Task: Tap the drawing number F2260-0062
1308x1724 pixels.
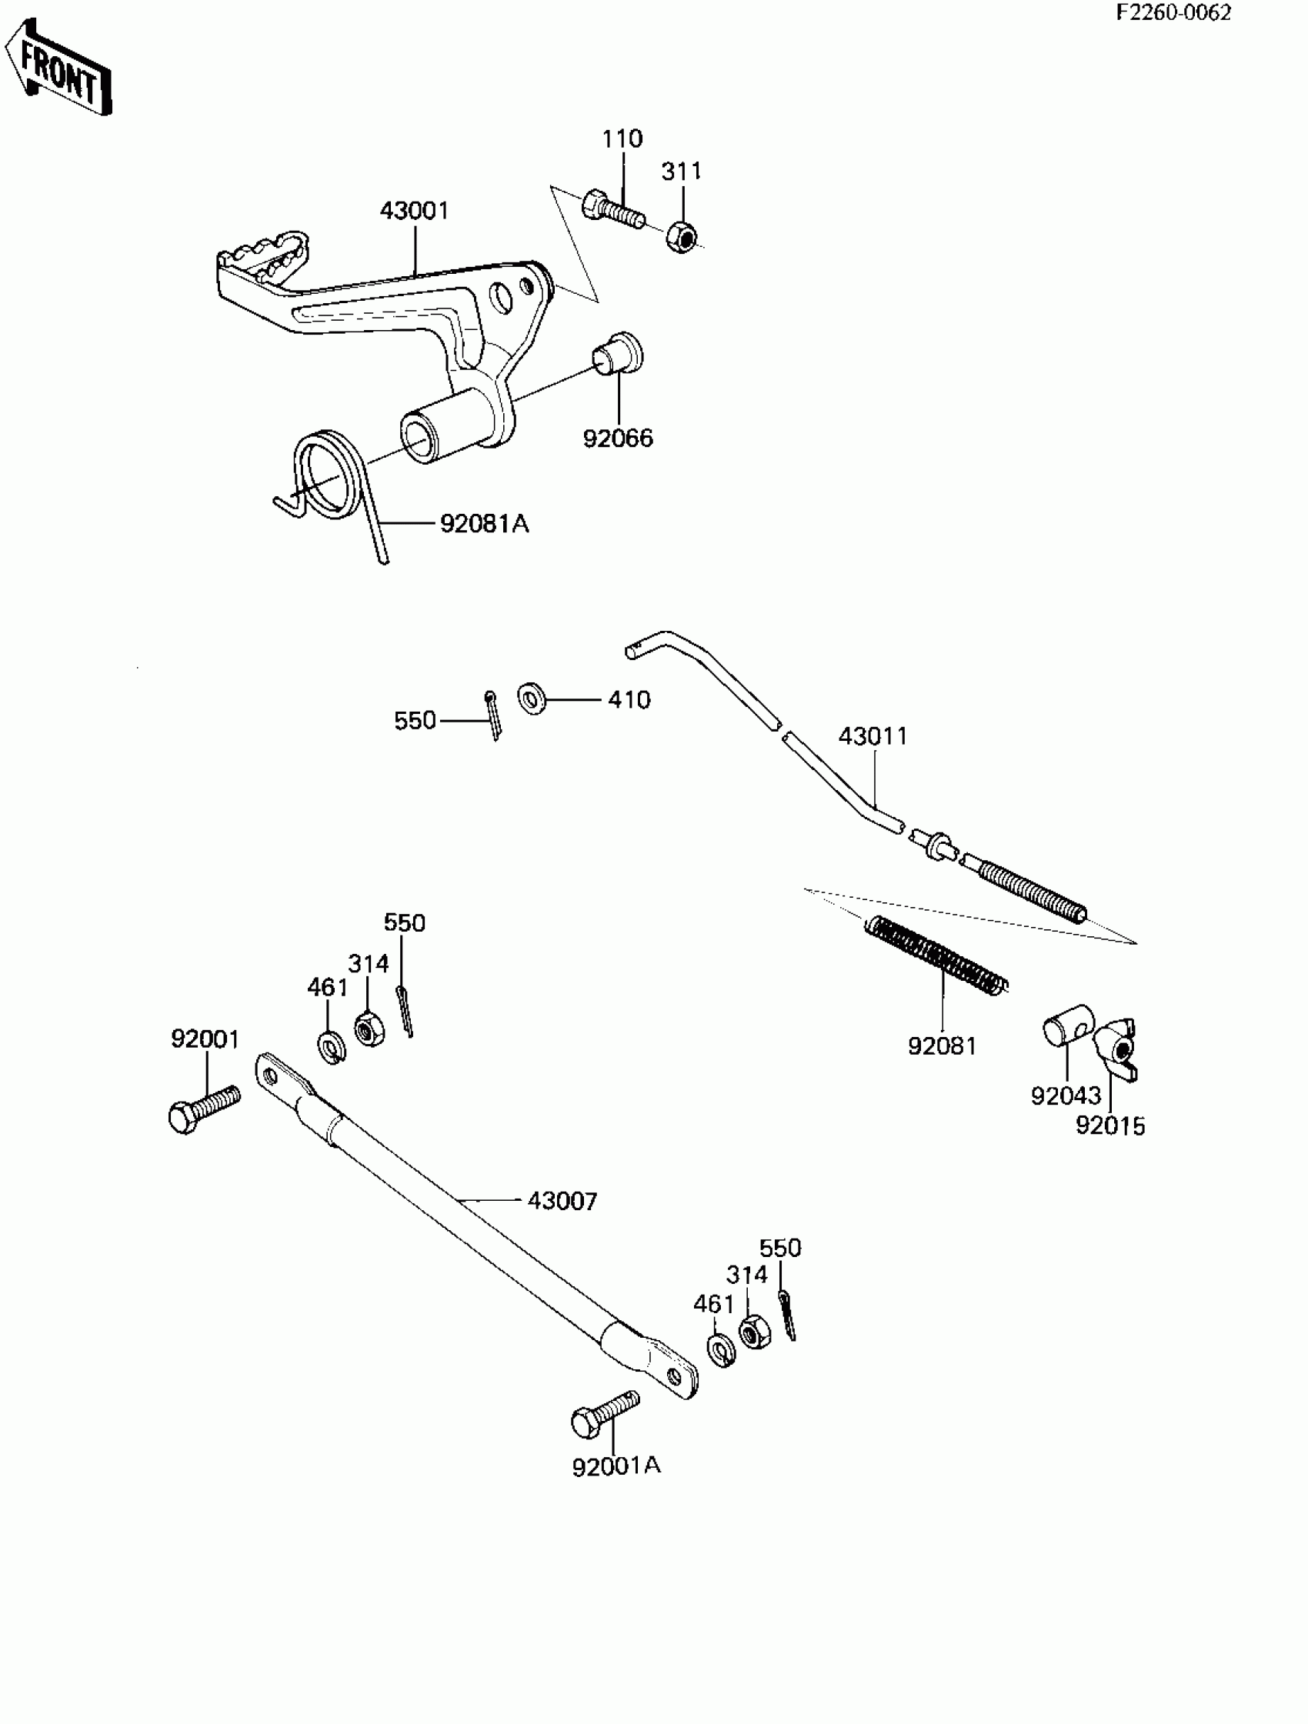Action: point(1173,13)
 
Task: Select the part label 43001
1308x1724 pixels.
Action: point(414,211)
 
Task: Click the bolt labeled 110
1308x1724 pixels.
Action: point(612,208)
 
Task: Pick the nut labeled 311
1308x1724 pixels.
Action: point(682,236)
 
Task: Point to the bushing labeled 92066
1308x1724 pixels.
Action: point(619,358)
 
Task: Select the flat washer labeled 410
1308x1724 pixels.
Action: point(532,699)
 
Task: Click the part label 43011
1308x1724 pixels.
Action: point(873,735)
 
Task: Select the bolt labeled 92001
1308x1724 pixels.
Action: point(203,1111)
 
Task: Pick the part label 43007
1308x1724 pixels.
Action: point(562,1201)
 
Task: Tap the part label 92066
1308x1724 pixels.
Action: point(618,438)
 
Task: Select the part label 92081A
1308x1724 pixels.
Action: point(484,524)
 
